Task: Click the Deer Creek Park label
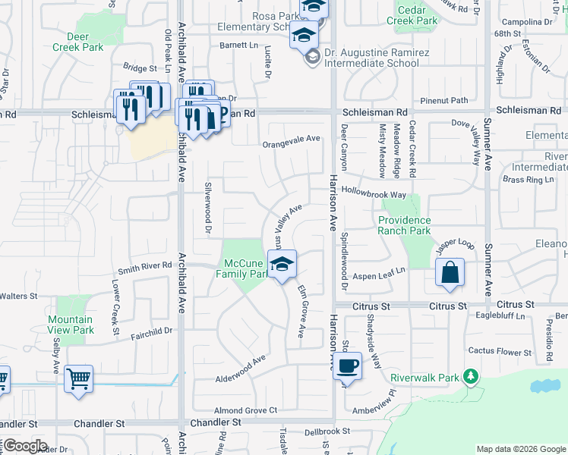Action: point(78,42)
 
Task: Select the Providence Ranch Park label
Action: point(405,225)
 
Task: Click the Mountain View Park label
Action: point(71,325)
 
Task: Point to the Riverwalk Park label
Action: point(425,378)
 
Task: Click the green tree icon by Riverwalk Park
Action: point(472,376)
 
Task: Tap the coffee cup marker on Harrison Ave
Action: point(347,366)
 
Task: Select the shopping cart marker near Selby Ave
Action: point(79,378)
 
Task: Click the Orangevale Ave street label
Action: point(291,140)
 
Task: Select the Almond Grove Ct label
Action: point(245,410)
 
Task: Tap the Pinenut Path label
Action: point(444,100)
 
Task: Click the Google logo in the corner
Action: point(24,446)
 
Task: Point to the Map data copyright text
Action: point(520,449)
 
